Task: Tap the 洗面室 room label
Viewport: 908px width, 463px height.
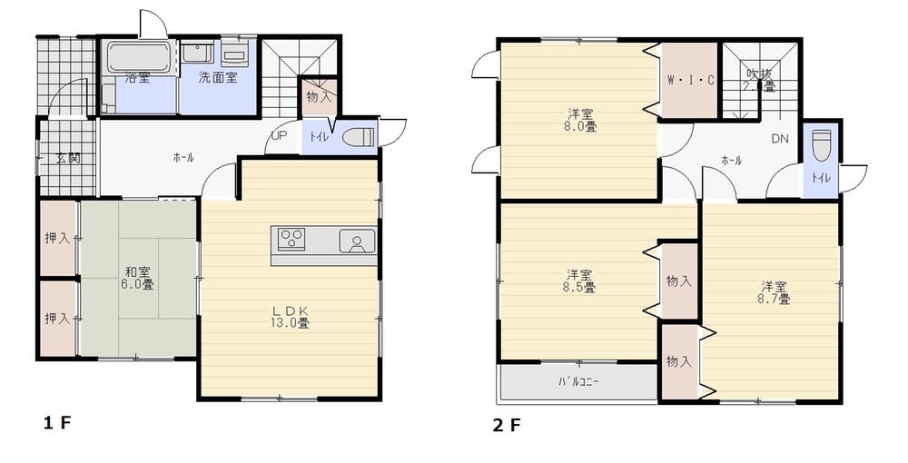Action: [218, 78]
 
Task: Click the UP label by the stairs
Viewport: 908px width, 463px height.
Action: [279, 137]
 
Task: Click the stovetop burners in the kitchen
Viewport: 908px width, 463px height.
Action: [291, 240]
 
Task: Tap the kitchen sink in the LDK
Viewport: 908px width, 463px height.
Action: [357, 242]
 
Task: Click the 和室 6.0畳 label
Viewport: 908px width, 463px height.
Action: [138, 277]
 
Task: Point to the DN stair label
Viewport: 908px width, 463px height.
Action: [780, 139]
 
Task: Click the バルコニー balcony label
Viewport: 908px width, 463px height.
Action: [577, 381]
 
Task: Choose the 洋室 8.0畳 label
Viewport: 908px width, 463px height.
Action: [582, 121]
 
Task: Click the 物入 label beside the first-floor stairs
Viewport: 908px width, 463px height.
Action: [318, 95]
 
